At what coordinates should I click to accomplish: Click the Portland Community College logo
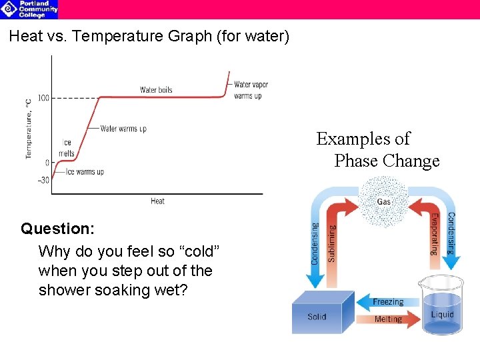[29, 9]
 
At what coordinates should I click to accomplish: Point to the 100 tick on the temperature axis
[43, 99]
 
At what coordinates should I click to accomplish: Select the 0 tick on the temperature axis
[47, 163]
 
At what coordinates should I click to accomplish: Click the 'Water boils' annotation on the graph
[156, 90]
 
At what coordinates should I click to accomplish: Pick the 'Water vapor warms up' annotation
[251, 90]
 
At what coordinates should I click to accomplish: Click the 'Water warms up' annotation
[123, 129]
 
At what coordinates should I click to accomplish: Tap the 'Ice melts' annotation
[67, 148]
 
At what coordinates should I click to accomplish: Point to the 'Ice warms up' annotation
[85, 172]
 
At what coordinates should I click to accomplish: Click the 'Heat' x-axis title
[157, 201]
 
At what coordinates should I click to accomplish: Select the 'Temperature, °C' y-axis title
[29, 129]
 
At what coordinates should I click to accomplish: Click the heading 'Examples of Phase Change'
[377, 150]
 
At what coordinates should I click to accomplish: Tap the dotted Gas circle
[384, 201]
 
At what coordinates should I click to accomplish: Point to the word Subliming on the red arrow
[332, 243]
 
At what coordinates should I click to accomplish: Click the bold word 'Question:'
[57, 229]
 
